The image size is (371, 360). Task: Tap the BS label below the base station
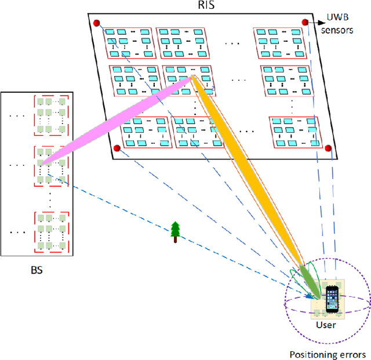coord(36,270)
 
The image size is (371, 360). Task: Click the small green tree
coord(175,231)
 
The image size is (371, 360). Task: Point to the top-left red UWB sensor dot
coord(96,23)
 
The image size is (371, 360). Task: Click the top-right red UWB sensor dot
coord(305,22)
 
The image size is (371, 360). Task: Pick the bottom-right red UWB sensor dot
coord(326,147)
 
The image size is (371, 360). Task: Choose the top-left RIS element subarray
coord(129,42)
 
